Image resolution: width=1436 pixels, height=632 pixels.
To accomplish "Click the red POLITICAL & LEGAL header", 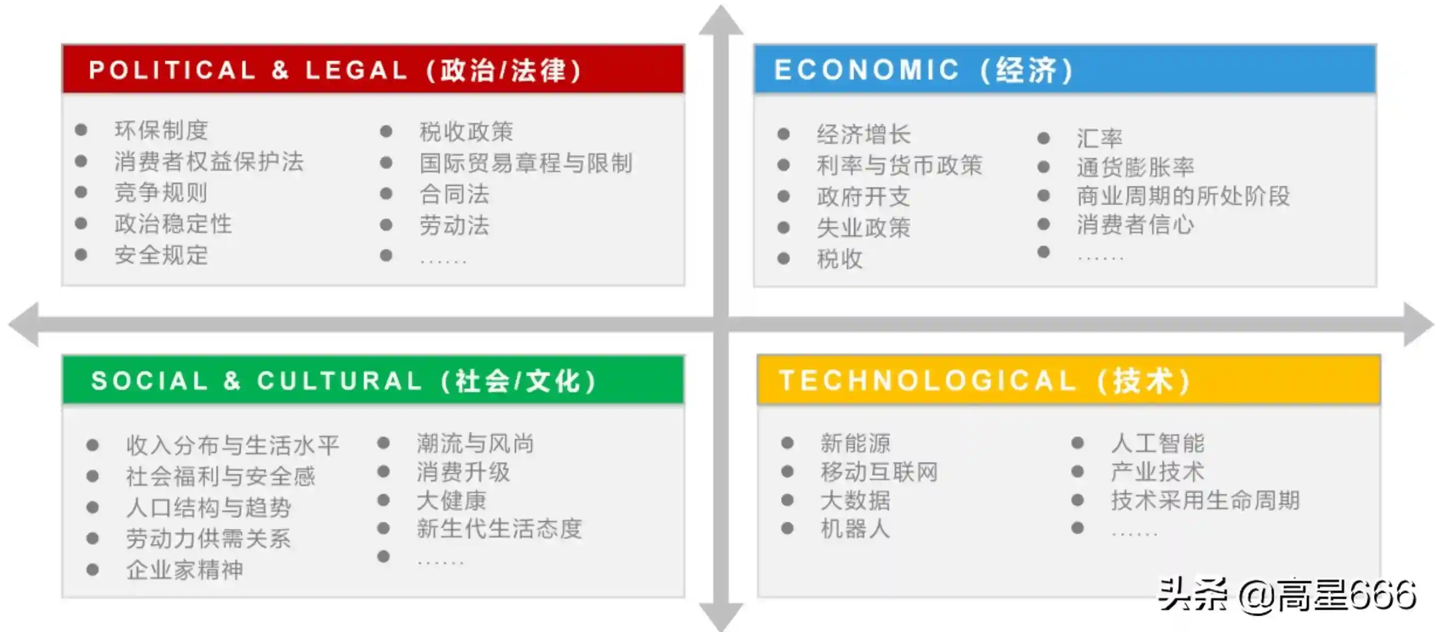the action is pyautogui.click(x=373, y=69).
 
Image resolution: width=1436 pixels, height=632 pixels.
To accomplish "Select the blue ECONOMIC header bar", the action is pyautogui.click(x=1065, y=69).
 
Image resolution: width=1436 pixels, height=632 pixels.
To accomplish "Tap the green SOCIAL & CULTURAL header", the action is pyautogui.click(x=373, y=380).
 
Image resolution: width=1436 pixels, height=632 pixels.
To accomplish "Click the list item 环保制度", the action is pyautogui.click(x=161, y=130).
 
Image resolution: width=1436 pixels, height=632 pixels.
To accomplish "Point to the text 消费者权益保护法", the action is pyautogui.click(x=209, y=162).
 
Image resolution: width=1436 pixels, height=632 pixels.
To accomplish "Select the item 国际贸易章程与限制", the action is pyautogui.click(x=526, y=163).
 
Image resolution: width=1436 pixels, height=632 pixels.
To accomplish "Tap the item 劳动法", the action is pyautogui.click(x=454, y=226).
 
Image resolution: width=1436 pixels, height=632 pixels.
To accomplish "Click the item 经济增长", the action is pyautogui.click(x=864, y=135).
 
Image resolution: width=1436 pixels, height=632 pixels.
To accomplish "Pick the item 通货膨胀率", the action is pyautogui.click(x=1136, y=167).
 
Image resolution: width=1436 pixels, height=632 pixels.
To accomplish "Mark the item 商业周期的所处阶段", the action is pyautogui.click(x=1183, y=196).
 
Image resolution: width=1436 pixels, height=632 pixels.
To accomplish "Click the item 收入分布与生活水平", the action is pyautogui.click(x=232, y=445).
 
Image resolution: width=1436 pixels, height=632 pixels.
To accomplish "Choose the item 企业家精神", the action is pyautogui.click(x=184, y=570).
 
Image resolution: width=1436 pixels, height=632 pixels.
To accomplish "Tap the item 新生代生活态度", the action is pyautogui.click(x=500, y=528).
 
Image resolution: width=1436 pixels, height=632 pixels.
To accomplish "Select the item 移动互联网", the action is pyautogui.click(x=879, y=472).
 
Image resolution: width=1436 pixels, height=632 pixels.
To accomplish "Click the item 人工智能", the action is pyautogui.click(x=1158, y=444).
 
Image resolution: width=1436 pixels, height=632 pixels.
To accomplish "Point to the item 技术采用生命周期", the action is pyautogui.click(x=1205, y=501).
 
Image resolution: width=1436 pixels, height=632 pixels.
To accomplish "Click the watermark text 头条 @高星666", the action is pyautogui.click(x=1287, y=595).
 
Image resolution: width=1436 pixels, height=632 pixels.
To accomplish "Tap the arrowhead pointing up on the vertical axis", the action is pyautogui.click(x=721, y=21).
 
